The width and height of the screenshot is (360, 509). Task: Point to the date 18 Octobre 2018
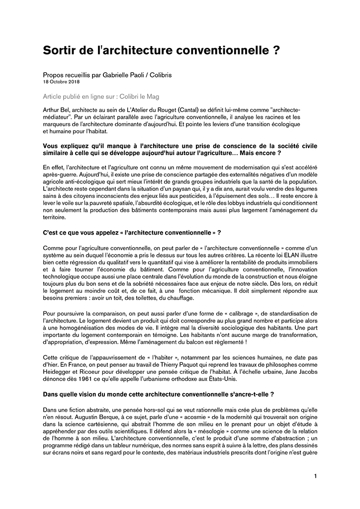pos(61,81)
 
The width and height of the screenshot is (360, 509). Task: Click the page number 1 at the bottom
pos(315,476)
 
